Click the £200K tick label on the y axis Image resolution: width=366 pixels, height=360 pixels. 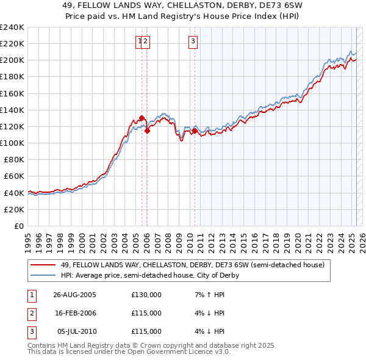click(12, 60)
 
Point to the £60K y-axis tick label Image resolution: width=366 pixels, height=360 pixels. click(13, 176)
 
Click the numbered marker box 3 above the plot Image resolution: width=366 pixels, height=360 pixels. click(193, 41)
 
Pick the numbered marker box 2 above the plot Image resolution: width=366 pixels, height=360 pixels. click(147, 41)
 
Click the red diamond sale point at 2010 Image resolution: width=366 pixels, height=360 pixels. click(195, 131)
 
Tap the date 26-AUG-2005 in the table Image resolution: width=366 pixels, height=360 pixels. click(74, 295)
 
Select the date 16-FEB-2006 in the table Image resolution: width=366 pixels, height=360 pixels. click(74, 313)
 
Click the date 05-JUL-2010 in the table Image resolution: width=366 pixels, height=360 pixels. click(74, 331)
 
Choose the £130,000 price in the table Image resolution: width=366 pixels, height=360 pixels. click(146, 295)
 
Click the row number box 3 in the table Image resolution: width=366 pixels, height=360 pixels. click(30, 331)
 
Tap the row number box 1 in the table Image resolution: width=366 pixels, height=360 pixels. click(30, 295)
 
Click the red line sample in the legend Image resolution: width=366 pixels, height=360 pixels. click(43, 265)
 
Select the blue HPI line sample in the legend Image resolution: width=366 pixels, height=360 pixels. click(43, 275)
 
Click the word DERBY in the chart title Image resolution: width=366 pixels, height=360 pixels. click(226, 8)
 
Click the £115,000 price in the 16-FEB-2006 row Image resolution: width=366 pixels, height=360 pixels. click(146, 313)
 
